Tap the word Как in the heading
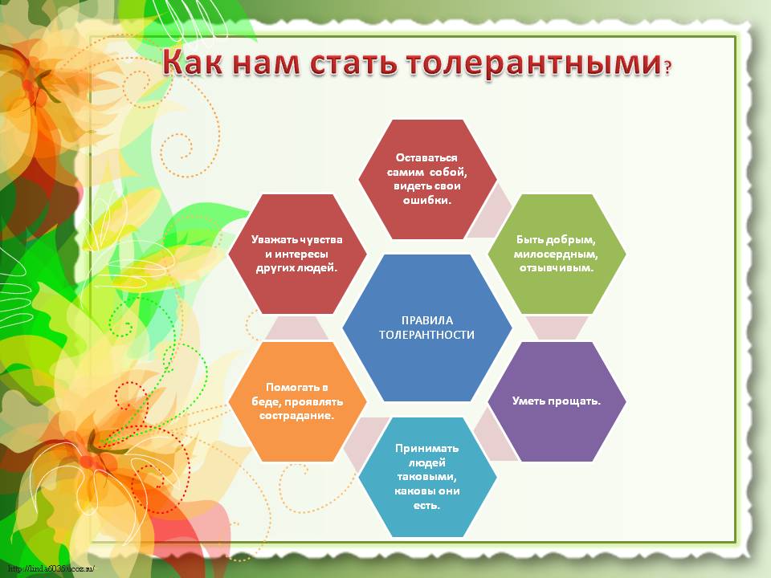point(193,62)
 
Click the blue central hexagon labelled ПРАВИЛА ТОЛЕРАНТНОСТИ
point(427,328)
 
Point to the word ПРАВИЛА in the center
point(427,320)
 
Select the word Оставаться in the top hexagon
point(426,158)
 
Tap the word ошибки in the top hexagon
point(426,201)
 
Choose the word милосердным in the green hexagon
point(556,254)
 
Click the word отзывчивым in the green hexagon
point(556,268)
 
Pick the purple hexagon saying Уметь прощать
point(557,401)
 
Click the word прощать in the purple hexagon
point(573,401)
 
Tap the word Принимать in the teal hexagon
point(426,448)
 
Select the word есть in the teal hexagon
point(426,505)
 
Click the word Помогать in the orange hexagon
point(297,387)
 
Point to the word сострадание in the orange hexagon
point(296,416)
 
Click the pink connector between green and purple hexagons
point(557,328)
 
